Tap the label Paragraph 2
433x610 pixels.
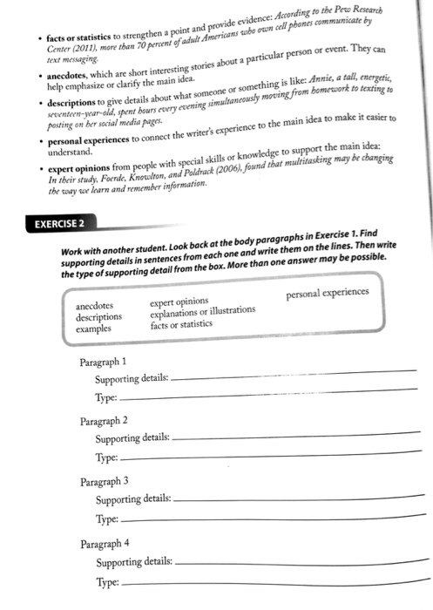coord(104,420)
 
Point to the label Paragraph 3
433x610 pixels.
coord(104,480)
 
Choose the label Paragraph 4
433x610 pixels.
coord(104,542)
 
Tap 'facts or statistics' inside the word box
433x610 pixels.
coord(181,324)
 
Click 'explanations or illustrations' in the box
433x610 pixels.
coord(202,311)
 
